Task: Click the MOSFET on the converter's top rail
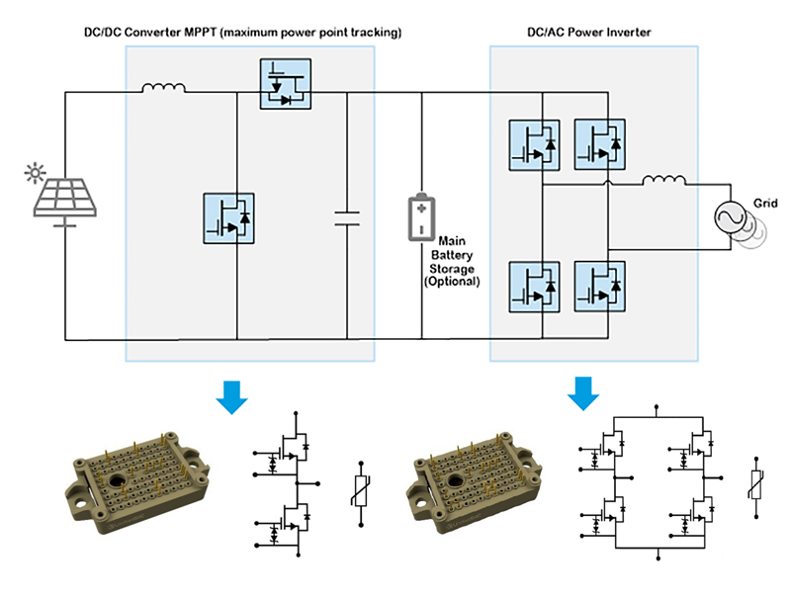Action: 284,84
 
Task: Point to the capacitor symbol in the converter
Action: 347,217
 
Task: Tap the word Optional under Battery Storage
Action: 451,282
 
